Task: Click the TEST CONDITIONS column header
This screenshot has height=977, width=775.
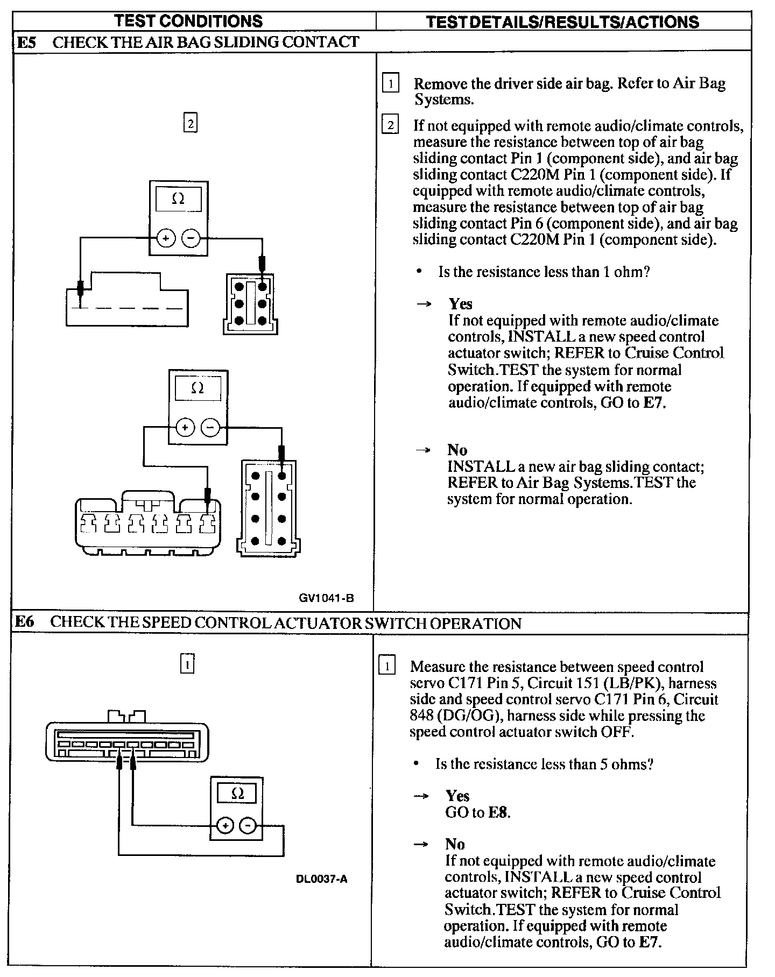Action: tap(188, 21)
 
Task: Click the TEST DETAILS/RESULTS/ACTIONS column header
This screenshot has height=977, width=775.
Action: tap(562, 22)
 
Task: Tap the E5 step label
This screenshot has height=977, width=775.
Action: tap(26, 42)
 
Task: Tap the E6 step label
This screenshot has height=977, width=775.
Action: tap(24, 622)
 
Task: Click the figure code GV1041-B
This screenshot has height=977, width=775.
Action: tap(327, 598)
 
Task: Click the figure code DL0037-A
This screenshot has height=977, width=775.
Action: tap(321, 879)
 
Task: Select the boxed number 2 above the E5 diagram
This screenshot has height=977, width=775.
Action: tap(190, 124)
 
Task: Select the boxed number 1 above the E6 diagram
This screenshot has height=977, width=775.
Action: tap(187, 664)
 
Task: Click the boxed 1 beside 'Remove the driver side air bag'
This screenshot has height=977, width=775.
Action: tap(390, 84)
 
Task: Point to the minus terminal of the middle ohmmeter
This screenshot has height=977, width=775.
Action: tap(210, 428)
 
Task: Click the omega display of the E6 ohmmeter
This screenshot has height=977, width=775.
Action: tap(237, 794)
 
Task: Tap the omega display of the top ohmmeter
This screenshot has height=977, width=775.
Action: tap(178, 200)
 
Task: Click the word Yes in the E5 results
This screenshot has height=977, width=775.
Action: tap(461, 304)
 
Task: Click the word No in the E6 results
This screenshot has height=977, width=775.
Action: tap(455, 844)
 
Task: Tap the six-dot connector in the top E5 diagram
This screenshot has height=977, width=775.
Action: tap(250, 304)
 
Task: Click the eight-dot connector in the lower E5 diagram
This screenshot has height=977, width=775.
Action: tap(268, 507)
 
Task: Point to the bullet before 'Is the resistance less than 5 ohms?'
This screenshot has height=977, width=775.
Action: tap(416, 764)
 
